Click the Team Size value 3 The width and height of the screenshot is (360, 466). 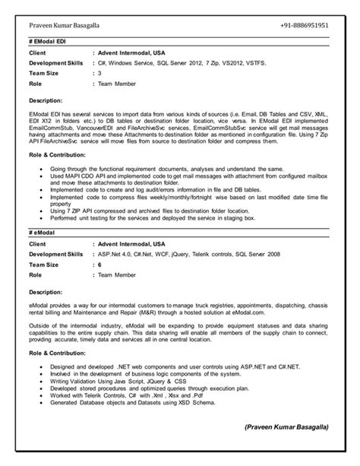[x=99, y=74]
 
